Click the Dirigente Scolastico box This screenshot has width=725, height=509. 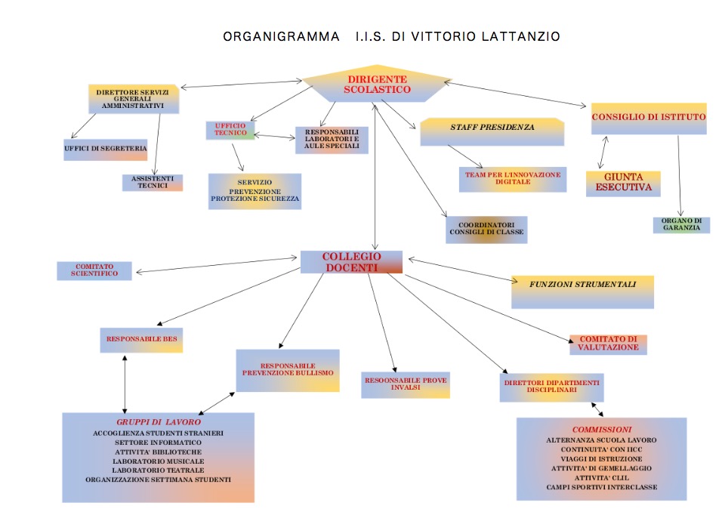tap(377, 84)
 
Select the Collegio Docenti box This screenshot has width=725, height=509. tap(351, 261)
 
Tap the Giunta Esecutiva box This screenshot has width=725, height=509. tap(623, 184)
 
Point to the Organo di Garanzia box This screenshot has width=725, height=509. tap(681, 224)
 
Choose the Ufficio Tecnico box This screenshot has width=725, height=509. tap(230, 130)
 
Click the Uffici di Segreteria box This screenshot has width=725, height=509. tap(105, 149)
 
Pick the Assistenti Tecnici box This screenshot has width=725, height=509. tap(153, 183)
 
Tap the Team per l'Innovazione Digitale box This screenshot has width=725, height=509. tap(512, 178)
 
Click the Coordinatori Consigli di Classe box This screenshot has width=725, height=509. tap(486, 230)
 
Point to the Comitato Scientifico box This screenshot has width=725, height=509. tap(95, 270)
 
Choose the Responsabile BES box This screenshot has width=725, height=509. tap(142, 340)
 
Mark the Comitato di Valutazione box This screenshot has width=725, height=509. tap(608, 344)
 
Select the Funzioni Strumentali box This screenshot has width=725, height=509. tap(582, 291)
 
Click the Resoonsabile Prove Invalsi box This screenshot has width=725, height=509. tap(406, 384)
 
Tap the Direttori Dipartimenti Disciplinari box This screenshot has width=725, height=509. tap(552, 386)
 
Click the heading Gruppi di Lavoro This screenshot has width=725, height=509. tap(158, 421)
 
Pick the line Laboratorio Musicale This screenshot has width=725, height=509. tap(158, 461)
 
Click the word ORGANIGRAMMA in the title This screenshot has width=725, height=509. tap(281, 36)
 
